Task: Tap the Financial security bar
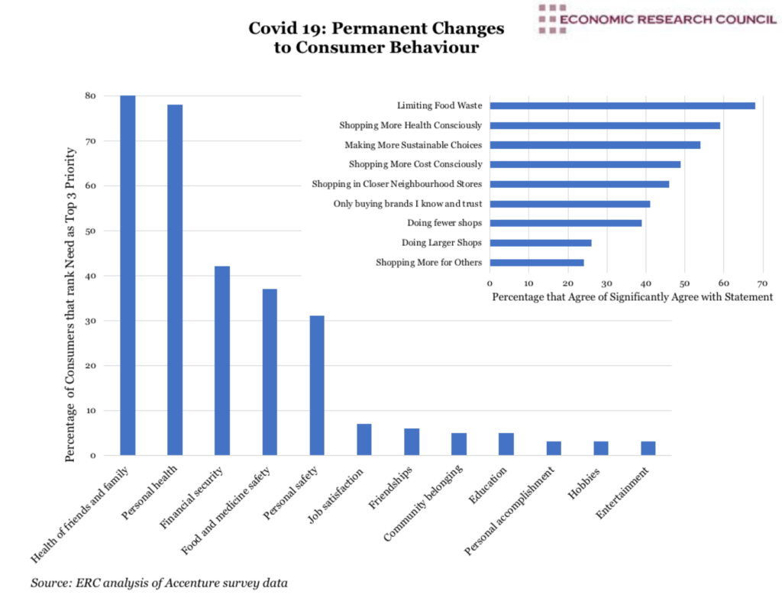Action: pyautogui.click(x=222, y=360)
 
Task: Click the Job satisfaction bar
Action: pyautogui.click(x=364, y=439)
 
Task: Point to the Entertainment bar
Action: pyautogui.click(x=648, y=448)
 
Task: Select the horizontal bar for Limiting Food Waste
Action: pyautogui.click(x=622, y=105)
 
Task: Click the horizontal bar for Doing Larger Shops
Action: pyautogui.click(x=540, y=243)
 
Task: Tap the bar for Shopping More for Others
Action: pyautogui.click(x=536, y=263)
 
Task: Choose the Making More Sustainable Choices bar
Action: pyautogui.click(x=594, y=144)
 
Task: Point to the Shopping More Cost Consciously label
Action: pyautogui.click(x=415, y=164)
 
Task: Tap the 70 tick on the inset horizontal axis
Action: pyautogui.click(x=761, y=282)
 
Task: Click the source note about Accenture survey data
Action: pyautogui.click(x=160, y=583)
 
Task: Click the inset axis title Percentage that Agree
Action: pyautogui.click(x=632, y=296)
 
